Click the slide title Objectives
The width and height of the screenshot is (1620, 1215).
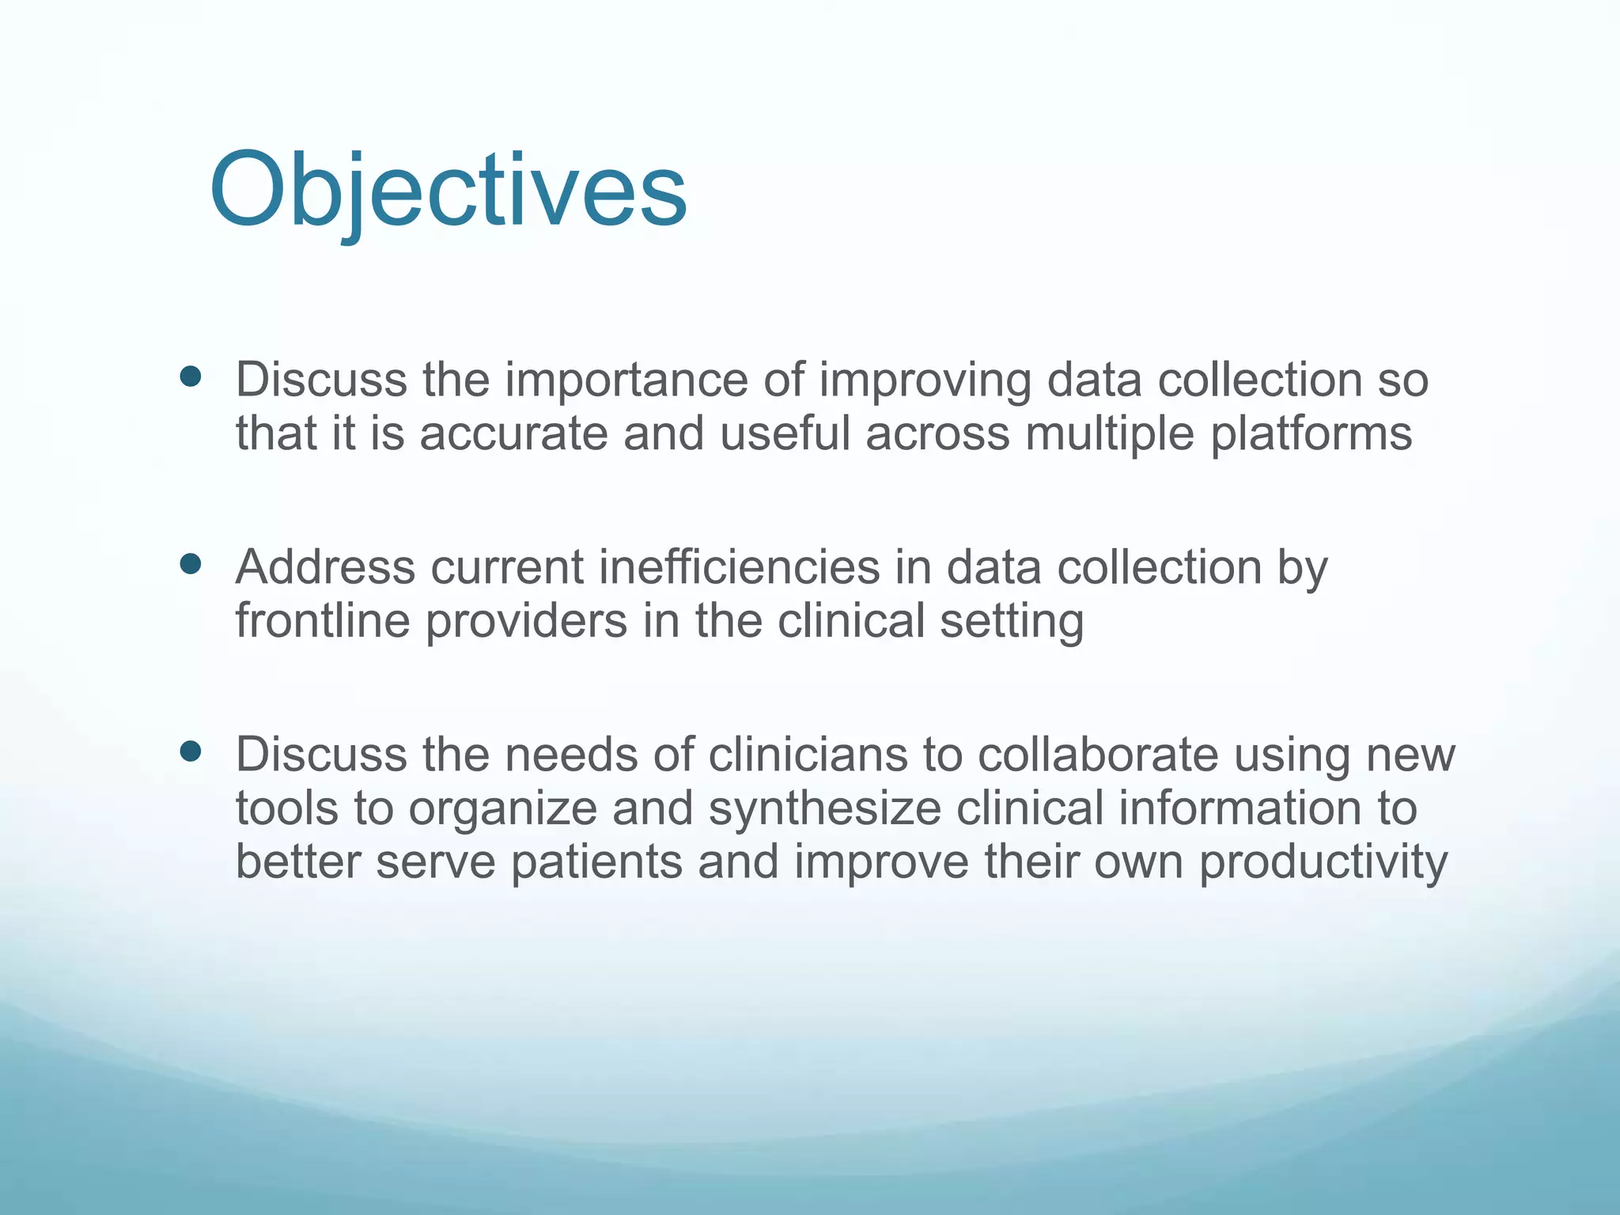point(448,191)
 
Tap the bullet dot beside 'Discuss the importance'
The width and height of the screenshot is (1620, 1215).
point(191,377)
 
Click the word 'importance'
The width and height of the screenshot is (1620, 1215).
point(626,380)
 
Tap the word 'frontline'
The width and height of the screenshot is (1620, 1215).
point(323,621)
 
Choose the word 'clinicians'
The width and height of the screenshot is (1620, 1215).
point(808,755)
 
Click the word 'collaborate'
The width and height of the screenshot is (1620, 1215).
point(1098,755)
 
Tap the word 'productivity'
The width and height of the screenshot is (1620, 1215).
point(1323,863)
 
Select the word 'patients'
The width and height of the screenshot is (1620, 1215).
point(596,863)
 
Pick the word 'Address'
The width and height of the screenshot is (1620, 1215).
point(325,567)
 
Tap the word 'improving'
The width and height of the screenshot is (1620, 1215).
point(925,380)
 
